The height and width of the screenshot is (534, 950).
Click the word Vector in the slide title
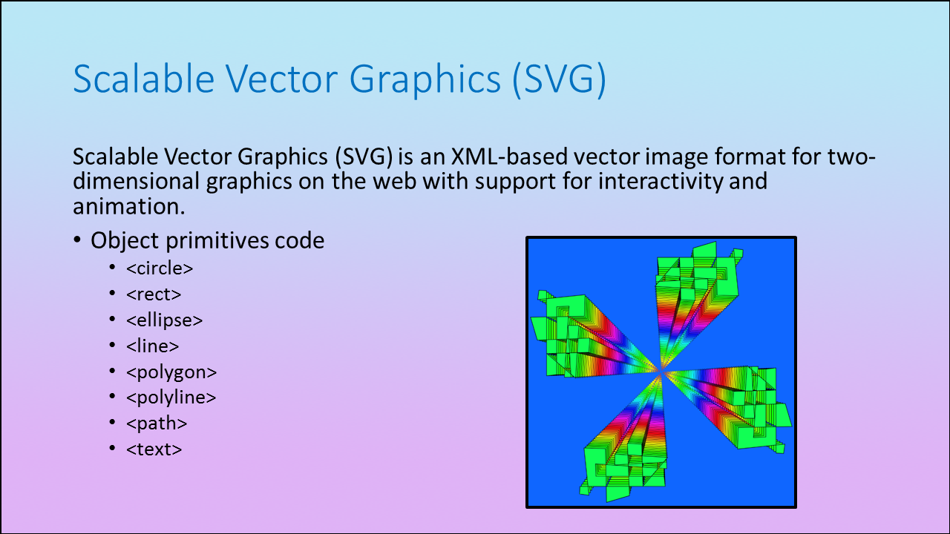[281, 79]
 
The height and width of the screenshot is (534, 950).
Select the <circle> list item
[160, 268]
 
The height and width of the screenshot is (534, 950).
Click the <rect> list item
[154, 294]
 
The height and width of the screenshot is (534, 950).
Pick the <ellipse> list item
[165, 320]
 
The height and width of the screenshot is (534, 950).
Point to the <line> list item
[153, 346]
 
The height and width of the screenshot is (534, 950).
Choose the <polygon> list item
[171, 372]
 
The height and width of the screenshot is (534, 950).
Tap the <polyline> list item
[171, 398]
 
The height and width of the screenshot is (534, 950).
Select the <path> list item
[157, 423]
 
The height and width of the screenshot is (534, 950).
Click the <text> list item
[154, 449]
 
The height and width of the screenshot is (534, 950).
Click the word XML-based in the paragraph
[509, 156]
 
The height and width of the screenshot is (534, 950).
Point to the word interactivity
[661, 182]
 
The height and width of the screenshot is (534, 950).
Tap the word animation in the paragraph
[129, 206]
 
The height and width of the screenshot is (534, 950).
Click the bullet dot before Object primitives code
[76, 240]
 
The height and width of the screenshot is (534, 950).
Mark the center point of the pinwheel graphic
[661, 372]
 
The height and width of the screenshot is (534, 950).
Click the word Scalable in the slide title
[144, 79]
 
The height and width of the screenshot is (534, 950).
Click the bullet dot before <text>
[112, 448]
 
